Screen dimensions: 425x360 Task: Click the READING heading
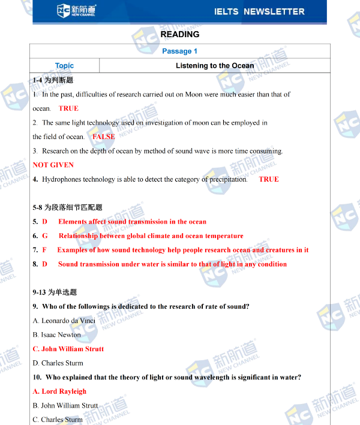pos(180,35)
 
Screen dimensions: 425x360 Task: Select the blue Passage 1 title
pos(179,51)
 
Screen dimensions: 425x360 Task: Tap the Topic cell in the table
pos(64,66)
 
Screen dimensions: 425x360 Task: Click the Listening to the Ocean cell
pos(214,66)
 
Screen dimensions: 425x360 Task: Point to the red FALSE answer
pos(104,137)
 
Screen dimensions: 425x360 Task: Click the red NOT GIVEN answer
pos(53,165)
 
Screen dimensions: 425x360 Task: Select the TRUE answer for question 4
pos(269,179)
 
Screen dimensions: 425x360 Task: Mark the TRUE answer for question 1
pos(68,108)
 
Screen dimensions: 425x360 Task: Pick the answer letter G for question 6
pos(45,236)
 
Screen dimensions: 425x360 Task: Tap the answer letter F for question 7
pos(44,250)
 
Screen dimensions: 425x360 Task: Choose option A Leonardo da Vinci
pos(64,321)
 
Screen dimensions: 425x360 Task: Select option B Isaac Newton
pos(56,334)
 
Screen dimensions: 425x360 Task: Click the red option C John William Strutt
pos(68,349)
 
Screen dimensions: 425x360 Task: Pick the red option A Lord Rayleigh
pos(59,391)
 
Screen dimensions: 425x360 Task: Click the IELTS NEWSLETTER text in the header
pos(259,11)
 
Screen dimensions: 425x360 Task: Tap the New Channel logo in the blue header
pos(76,10)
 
